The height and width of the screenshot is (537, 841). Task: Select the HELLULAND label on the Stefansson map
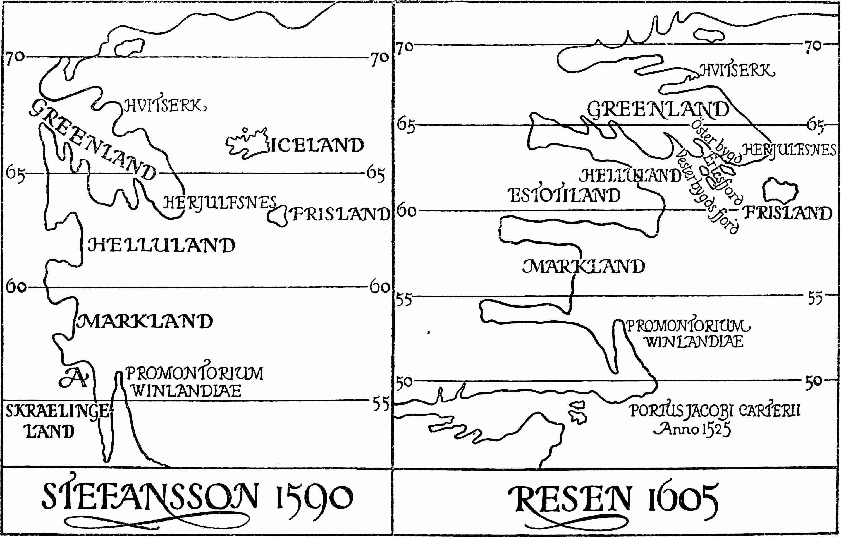click(x=161, y=245)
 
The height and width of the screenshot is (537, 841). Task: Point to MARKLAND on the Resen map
click(x=583, y=266)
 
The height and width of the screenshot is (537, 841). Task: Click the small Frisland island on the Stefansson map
click(x=277, y=217)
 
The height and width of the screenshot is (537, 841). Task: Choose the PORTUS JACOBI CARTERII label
click(x=715, y=411)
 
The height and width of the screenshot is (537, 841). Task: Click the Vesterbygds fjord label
click(x=707, y=192)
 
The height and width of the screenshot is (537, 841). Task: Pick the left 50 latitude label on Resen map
click(x=404, y=382)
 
